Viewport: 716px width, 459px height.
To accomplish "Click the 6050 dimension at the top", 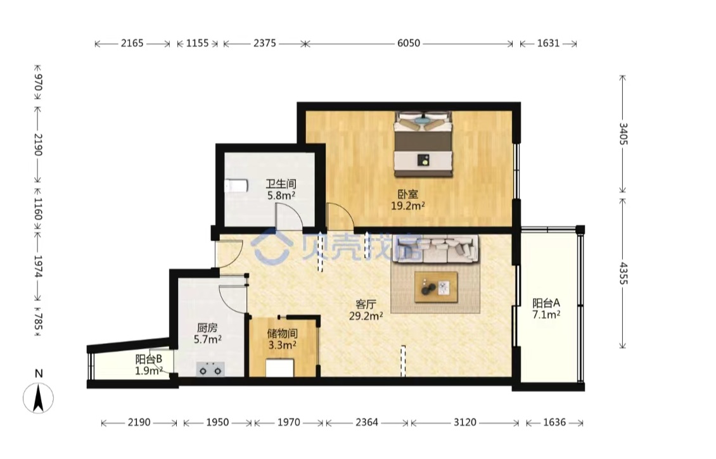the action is (409, 43).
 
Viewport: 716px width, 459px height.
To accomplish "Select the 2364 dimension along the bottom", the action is (367, 422).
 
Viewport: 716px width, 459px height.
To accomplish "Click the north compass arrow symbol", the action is (39, 398).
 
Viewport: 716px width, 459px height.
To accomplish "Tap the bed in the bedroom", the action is (423, 144).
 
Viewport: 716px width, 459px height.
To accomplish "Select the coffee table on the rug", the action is (436, 287).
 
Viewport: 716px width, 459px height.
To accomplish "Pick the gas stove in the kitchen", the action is (210, 369).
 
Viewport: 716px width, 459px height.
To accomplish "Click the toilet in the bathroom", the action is (236, 185).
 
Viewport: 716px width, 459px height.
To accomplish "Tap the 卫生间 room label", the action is (281, 184).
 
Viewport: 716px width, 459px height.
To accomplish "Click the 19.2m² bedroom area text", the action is (408, 206).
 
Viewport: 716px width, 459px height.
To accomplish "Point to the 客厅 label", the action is (366, 305).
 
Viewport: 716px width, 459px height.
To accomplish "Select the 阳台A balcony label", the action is (546, 303).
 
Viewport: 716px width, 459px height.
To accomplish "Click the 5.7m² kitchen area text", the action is (208, 339).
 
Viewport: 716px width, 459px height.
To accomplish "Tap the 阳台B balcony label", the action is (149, 360).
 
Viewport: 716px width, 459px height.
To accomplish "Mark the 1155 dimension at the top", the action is (198, 43).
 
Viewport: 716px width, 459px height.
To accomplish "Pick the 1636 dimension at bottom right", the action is (554, 422).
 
